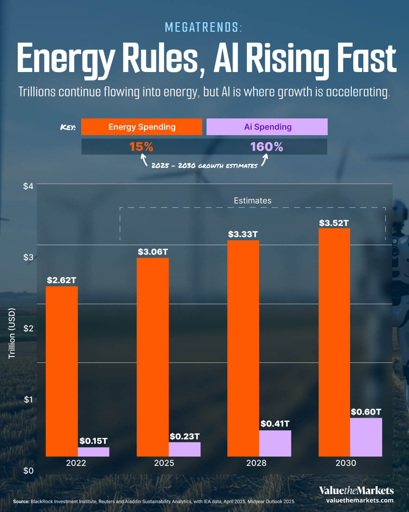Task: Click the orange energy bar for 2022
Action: (x=62, y=371)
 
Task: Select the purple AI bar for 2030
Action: (x=366, y=437)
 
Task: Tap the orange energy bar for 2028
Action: (x=243, y=348)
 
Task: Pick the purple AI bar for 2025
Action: (x=184, y=449)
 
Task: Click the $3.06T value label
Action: (x=153, y=252)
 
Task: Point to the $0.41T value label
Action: (x=275, y=424)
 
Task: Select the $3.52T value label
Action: (x=334, y=223)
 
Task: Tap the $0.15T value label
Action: (x=93, y=441)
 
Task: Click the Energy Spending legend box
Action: (x=142, y=127)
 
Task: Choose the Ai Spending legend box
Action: (x=267, y=127)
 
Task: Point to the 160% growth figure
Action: (x=267, y=147)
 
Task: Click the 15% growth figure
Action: (x=141, y=147)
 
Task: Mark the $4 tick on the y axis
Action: (x=28, y=186)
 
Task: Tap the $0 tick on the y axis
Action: (x=28, y=471)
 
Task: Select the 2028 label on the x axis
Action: (x=256, y=463)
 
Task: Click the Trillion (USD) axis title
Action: (x=12, y=333)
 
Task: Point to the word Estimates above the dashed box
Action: (x=253, y=201)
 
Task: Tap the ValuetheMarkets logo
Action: (x=356, y=491)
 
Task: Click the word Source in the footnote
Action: (x=21, y=502)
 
